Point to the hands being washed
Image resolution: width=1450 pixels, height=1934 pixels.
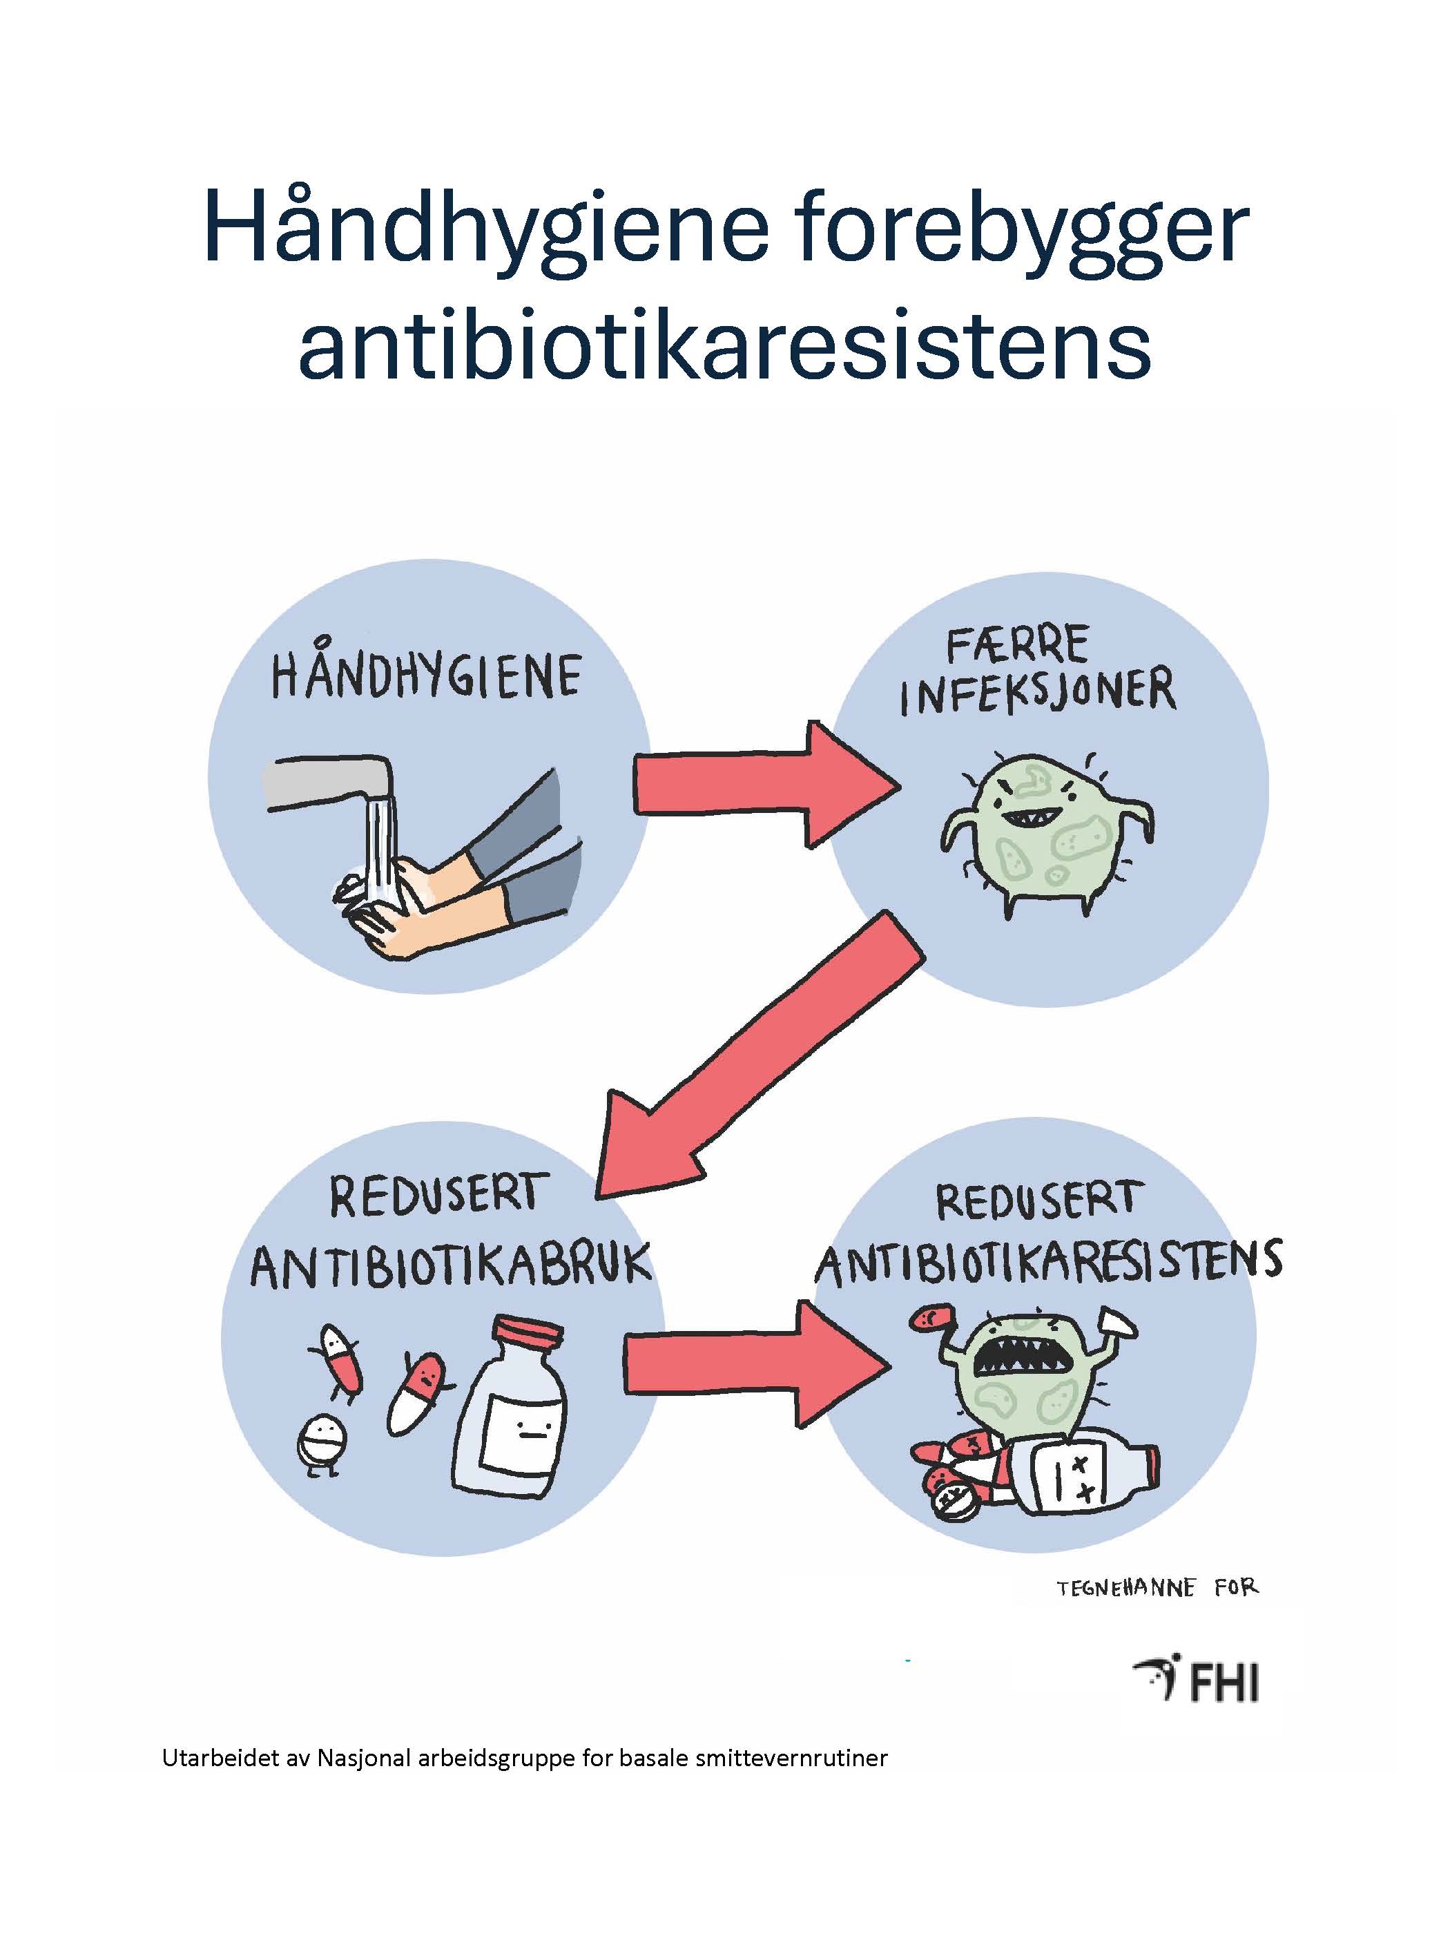point(454,892)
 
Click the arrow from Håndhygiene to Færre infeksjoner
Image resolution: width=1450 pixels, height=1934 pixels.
point(766,783)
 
